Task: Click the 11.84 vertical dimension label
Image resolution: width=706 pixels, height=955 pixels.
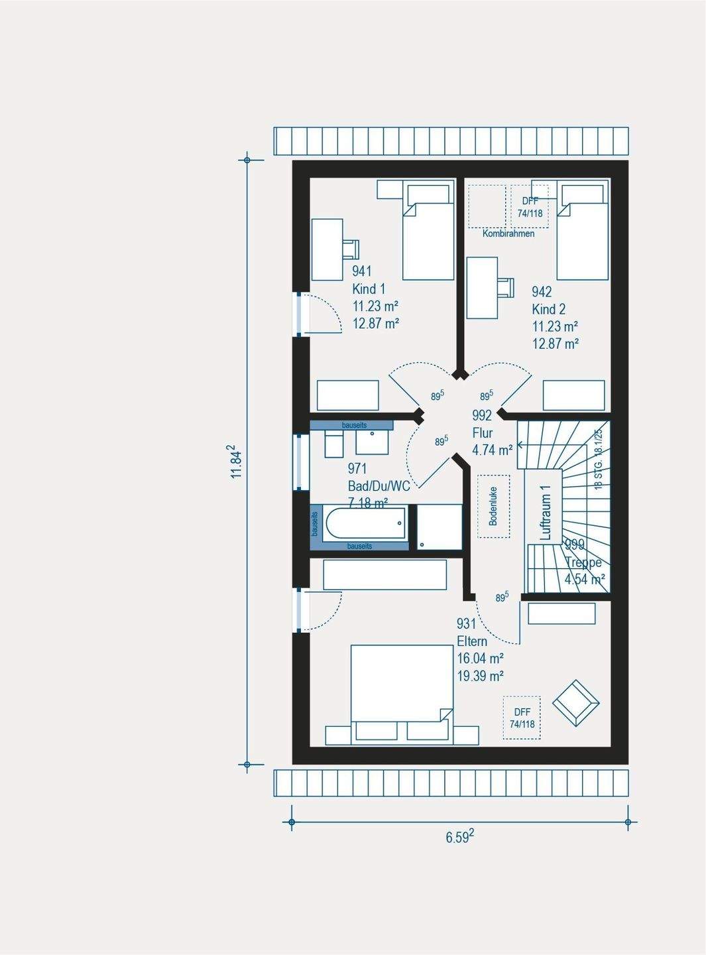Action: [236, 462]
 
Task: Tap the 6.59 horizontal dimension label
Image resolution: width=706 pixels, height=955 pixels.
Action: [459, 837]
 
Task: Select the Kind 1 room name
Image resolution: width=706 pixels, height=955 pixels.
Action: [369, 289]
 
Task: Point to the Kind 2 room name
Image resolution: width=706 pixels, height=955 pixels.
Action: [549, 309]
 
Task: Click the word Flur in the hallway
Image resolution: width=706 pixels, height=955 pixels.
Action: [483, 433]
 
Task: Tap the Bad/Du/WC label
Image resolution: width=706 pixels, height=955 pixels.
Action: [379, 486]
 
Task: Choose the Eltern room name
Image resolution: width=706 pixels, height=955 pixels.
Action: [472, 641]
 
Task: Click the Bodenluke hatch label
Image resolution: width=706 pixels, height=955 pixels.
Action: [493, 507]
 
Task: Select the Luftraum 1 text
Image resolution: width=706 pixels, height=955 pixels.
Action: [545, 513]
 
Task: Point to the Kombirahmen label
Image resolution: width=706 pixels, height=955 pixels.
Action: [508, 233]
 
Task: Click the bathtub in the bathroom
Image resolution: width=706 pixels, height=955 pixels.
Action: [365, 524]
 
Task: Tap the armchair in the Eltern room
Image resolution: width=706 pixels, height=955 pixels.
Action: [575, 703]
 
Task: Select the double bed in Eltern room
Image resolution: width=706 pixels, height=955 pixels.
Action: [401, 690]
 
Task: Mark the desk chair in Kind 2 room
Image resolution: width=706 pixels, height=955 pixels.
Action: [506, 287]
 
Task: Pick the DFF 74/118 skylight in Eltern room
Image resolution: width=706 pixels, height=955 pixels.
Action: [522, 718]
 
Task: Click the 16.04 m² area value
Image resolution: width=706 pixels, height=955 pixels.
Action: [480, 659]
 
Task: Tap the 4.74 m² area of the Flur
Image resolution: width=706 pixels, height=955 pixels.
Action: [492, 450]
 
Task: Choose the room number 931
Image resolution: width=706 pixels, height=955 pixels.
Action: [467, 623]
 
